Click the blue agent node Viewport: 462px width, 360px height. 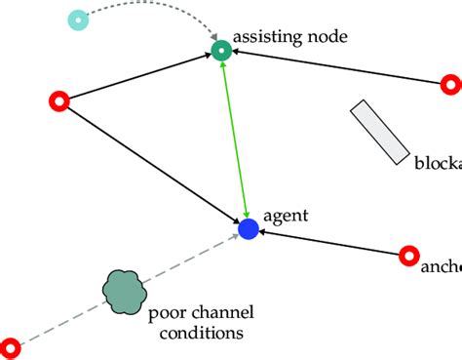(x=248, y=229)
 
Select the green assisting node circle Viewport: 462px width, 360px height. (x=221, y=51)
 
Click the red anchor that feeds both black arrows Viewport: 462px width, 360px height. (x=58, y=100)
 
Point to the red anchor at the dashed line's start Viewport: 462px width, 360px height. (x=11, y=346)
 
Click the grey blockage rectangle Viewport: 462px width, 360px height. (x=380, y=131)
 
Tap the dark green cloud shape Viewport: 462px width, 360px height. (x=125, y=291)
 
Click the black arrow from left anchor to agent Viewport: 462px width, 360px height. (x=151, y=164)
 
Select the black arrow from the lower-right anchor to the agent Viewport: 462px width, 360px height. (x=327, y=243)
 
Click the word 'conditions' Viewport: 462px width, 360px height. (x=196, y=334)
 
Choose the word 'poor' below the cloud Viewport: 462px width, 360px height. (x=166, y=314)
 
